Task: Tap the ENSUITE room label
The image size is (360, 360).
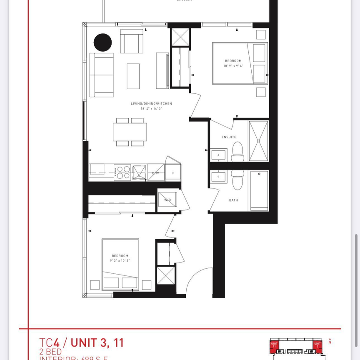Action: point(229,137)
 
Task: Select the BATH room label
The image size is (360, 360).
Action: point(233,200)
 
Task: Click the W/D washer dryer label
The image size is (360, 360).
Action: point(167,200)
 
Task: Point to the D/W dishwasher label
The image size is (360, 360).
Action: point(156,172)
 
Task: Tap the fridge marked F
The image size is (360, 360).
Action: point(173,172)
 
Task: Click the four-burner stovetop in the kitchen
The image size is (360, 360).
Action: point(122,172)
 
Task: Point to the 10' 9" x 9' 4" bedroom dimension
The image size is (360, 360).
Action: point(232,66)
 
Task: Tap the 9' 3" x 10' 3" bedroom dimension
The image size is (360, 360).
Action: point(120,260)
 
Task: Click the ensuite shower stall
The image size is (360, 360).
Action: point(258,141)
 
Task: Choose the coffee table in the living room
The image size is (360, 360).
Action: point(133,76)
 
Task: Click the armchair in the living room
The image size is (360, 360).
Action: point(132,41)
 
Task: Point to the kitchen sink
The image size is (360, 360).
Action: point(139,172)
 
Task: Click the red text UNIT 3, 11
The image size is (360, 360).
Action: point(97,343)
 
